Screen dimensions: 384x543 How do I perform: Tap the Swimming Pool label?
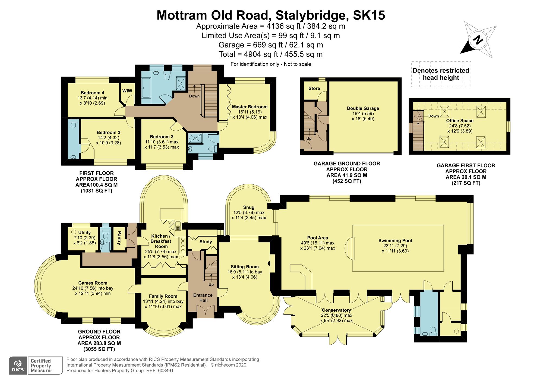(395, 241)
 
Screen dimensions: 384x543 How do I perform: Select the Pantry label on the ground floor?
(119, 238)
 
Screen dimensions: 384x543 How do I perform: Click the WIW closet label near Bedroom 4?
(127, 91)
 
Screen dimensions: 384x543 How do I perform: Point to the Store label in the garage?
(314, 89)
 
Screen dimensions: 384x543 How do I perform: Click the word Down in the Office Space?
(433, 116)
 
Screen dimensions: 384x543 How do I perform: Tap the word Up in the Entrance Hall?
(211, 285)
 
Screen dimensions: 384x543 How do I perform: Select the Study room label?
(206, 242)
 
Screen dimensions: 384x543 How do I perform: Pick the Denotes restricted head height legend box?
(441, 74)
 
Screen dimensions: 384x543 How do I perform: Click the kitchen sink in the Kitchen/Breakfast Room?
(178, 225)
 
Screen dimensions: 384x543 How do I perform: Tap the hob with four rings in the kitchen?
(183, 245)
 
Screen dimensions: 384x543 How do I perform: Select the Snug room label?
(249, 207)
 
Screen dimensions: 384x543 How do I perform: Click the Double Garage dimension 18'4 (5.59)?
(363, 114)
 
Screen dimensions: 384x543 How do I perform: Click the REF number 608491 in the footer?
(164, 370)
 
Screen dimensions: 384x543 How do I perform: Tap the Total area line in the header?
(271, 54)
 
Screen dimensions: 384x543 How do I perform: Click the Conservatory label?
(336, 310)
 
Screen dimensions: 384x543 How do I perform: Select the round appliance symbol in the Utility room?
(74, 232)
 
